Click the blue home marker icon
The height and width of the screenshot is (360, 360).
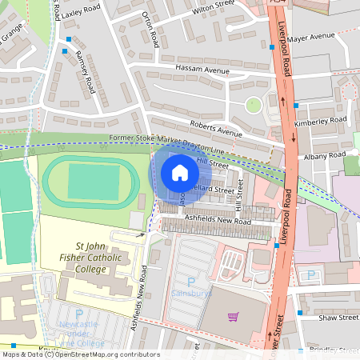pos(179,172)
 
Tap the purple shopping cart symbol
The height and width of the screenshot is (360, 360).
pos(234,317)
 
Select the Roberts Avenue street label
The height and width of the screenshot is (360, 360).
pos(215,130)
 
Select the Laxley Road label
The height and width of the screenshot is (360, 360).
pos(82,11)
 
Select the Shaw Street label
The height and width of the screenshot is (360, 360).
pos(337,318)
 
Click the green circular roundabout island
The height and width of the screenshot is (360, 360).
pos(254,104)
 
